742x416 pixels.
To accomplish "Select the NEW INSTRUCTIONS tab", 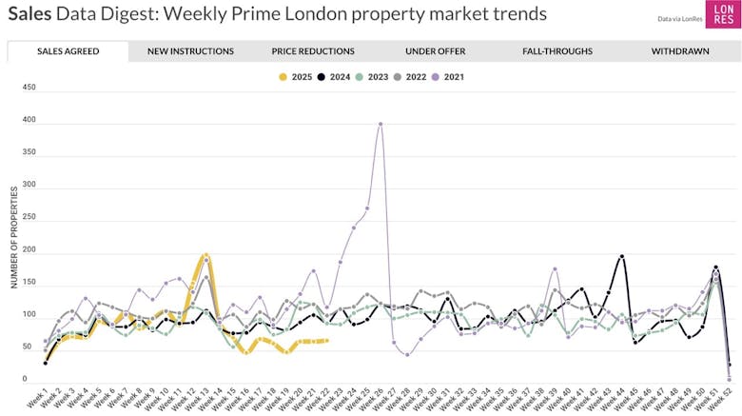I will pos(190,51).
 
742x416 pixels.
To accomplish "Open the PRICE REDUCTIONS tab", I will pos(313,51).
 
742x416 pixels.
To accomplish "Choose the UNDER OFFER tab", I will pos(435,51).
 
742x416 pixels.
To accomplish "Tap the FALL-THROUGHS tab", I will pos(557,51).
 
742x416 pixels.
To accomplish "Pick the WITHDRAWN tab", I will pos(680,51).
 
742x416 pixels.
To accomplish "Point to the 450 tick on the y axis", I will pos(29,88).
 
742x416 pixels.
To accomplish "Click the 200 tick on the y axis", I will pos(29,249).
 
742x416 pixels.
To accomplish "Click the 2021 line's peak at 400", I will pos(381,124).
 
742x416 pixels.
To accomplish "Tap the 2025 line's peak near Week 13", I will pos(205,256).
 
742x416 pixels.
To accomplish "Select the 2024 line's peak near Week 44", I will pos(622,256).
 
